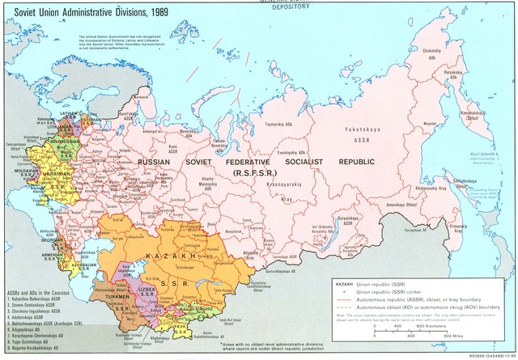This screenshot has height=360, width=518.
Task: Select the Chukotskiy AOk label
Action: pyautogui.click(x=434, y=54)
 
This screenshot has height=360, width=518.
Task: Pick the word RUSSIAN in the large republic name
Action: pyautogui.click(x=154, y=163)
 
